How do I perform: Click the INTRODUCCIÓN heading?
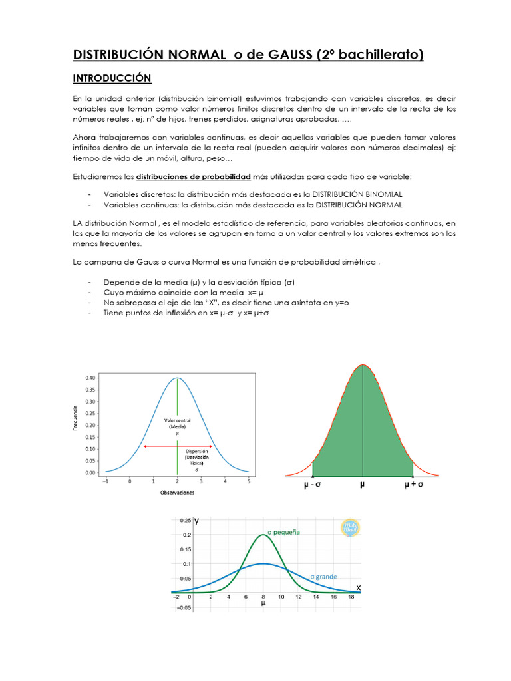point(112,78)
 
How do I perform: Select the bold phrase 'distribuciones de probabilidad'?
point(193,176)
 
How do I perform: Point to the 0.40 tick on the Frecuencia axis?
point(90,377)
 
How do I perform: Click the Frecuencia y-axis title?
point(75,418)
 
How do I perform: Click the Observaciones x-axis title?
point(177,493)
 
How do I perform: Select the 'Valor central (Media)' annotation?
point(178,426)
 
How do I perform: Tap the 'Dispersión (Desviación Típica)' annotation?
point(196,460)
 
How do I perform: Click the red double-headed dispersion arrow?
point(177,446)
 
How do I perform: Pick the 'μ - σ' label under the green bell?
point(311,486)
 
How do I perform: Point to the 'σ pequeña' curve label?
point(284,532)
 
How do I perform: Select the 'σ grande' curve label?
point(323,576)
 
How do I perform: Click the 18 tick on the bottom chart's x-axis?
point(351,598)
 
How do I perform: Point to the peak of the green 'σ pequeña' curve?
point(263,535)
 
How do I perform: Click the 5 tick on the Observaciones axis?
point(249,480)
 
